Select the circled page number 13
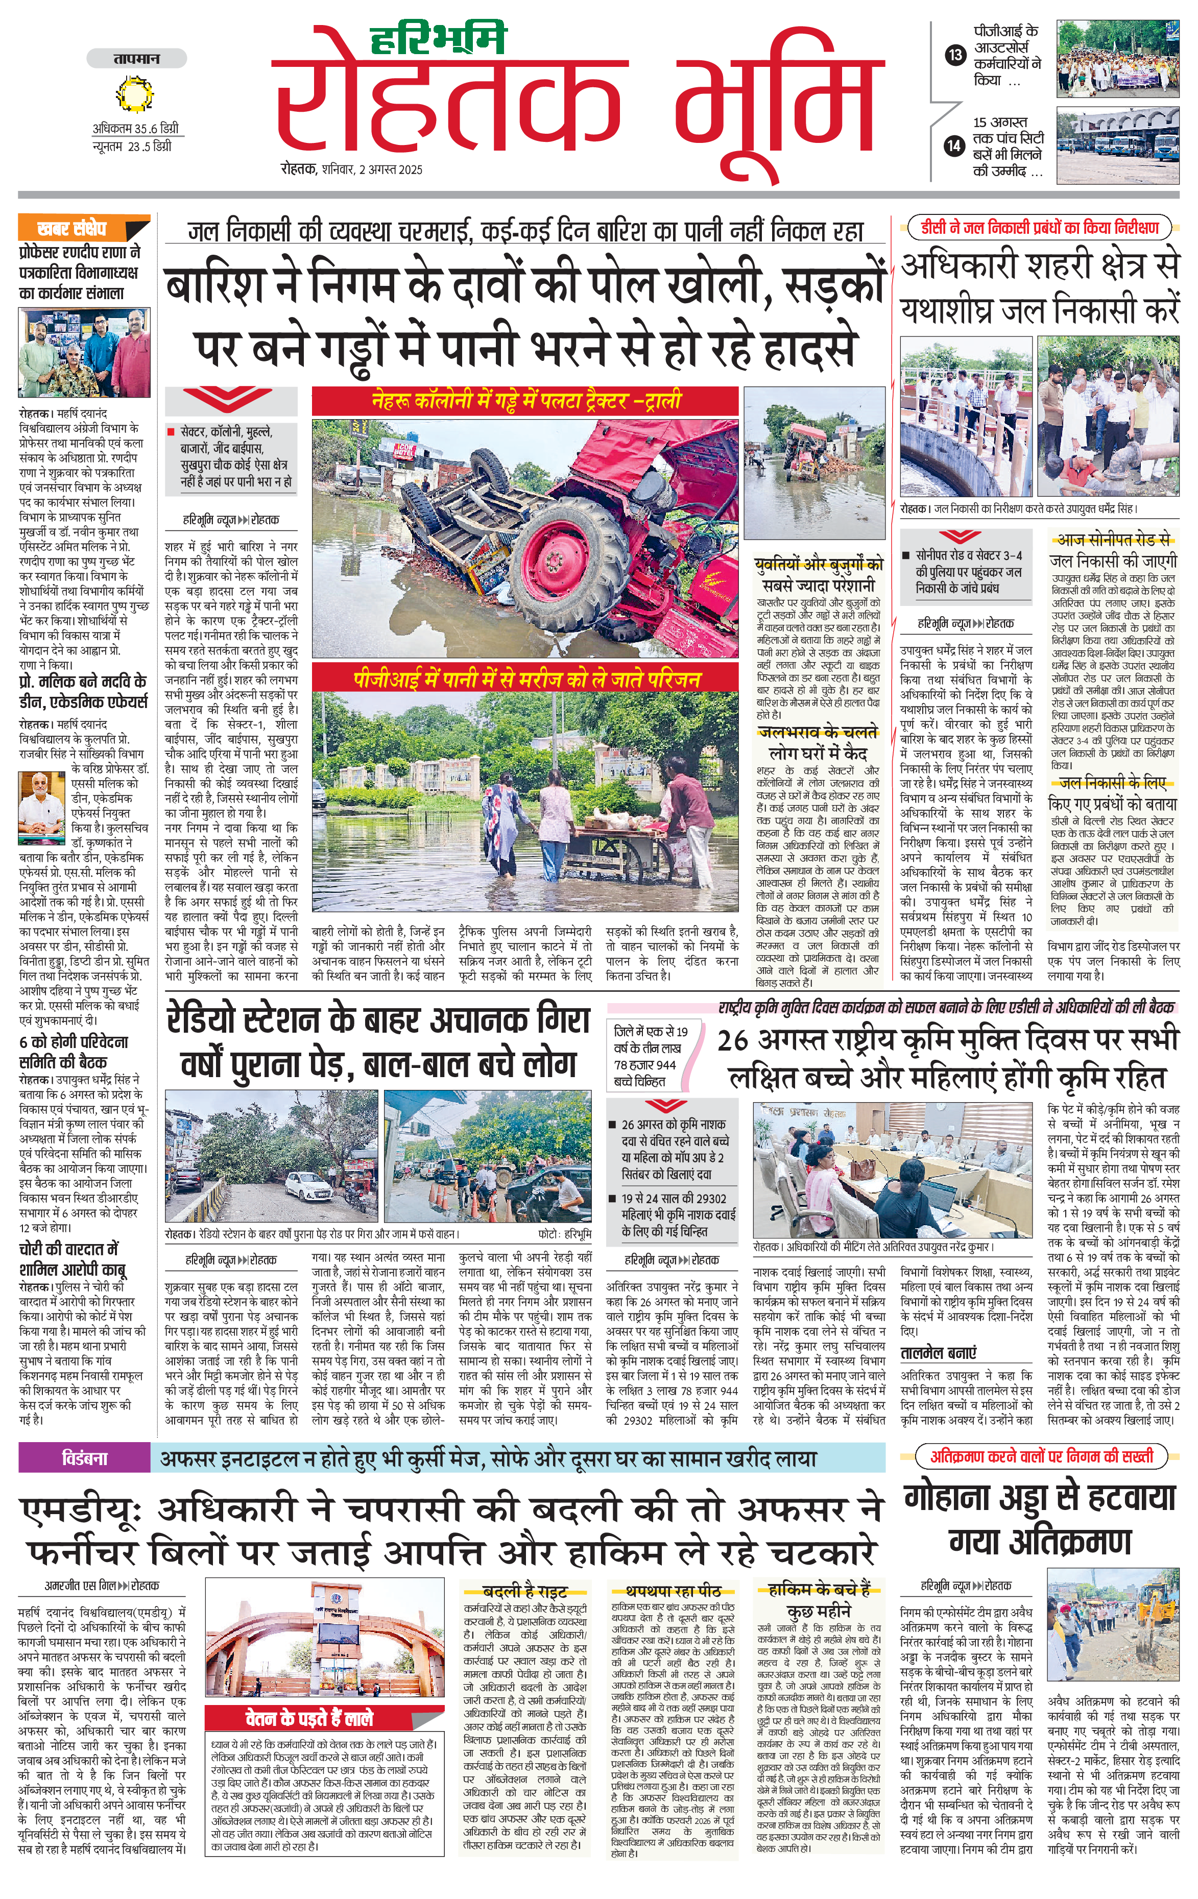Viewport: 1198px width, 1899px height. [955, 55]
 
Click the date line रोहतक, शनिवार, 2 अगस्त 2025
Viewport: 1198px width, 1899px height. [351, 169]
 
